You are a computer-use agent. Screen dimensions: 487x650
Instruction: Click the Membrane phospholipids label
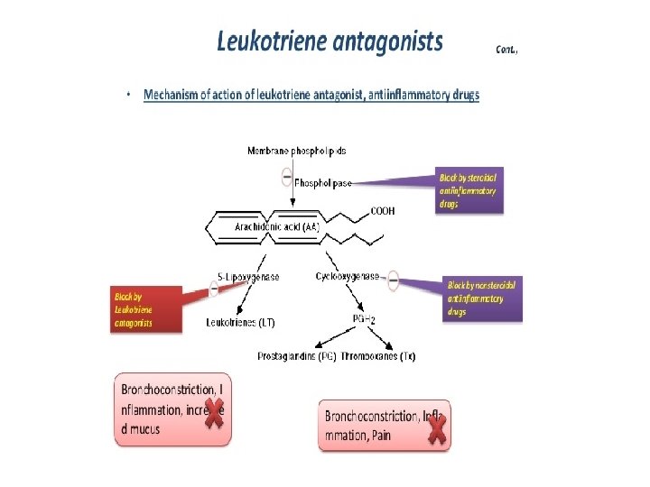click(x=296, y=151)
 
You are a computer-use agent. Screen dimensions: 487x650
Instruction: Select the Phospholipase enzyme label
click(x=323, y=182)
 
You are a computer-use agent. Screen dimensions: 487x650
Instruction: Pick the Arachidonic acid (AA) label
click(x=276, y=227)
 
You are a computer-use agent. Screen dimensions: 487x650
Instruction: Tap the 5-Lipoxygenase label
click(x=248, y=277)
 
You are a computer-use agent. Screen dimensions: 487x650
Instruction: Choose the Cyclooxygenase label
click(x=348, y=277)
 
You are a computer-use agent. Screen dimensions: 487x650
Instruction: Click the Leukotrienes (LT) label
click(x=241, y=322)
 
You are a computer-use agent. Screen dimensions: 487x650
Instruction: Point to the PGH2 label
click(x=363, y=318)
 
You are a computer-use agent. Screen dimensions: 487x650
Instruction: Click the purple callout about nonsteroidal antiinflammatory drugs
click(x=483, y=299)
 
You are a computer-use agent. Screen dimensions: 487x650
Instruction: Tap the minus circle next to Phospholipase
click(x=287, y=177)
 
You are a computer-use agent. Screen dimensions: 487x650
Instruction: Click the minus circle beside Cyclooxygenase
click(x=394, y=280)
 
